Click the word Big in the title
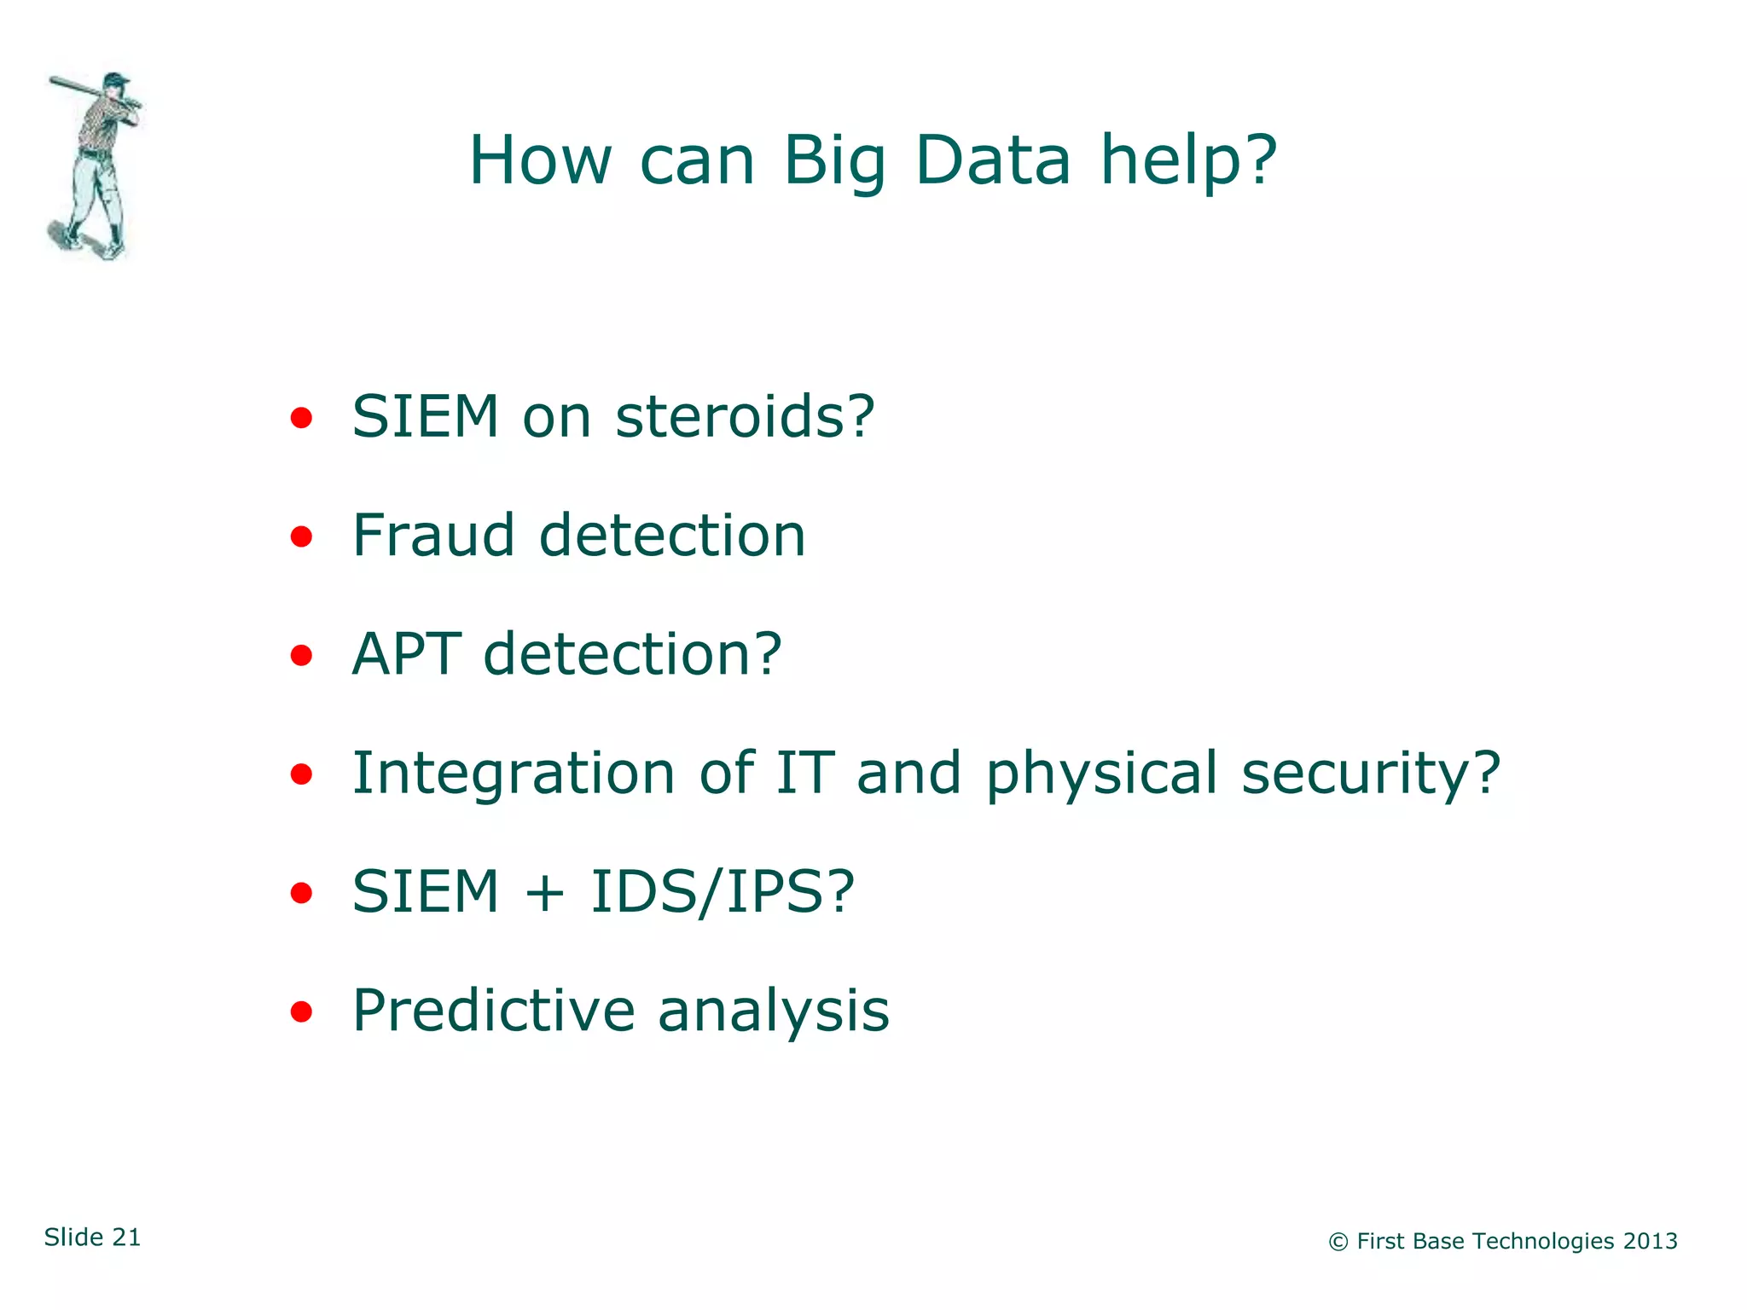point(835,162)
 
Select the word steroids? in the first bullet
point(745,417)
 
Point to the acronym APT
point(406,654)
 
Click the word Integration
point(514,774)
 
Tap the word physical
point(1101,774)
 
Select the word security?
point(1370,774)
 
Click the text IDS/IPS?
point(722,892)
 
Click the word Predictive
point(493,1011)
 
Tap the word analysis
point(773,1011)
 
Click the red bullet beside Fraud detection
point(300,537)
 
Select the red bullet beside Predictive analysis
point(300,1012)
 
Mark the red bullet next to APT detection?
point(300,656)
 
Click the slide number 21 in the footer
point(126,1238)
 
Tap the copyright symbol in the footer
point(1338,1243)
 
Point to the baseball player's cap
point(116,79)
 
